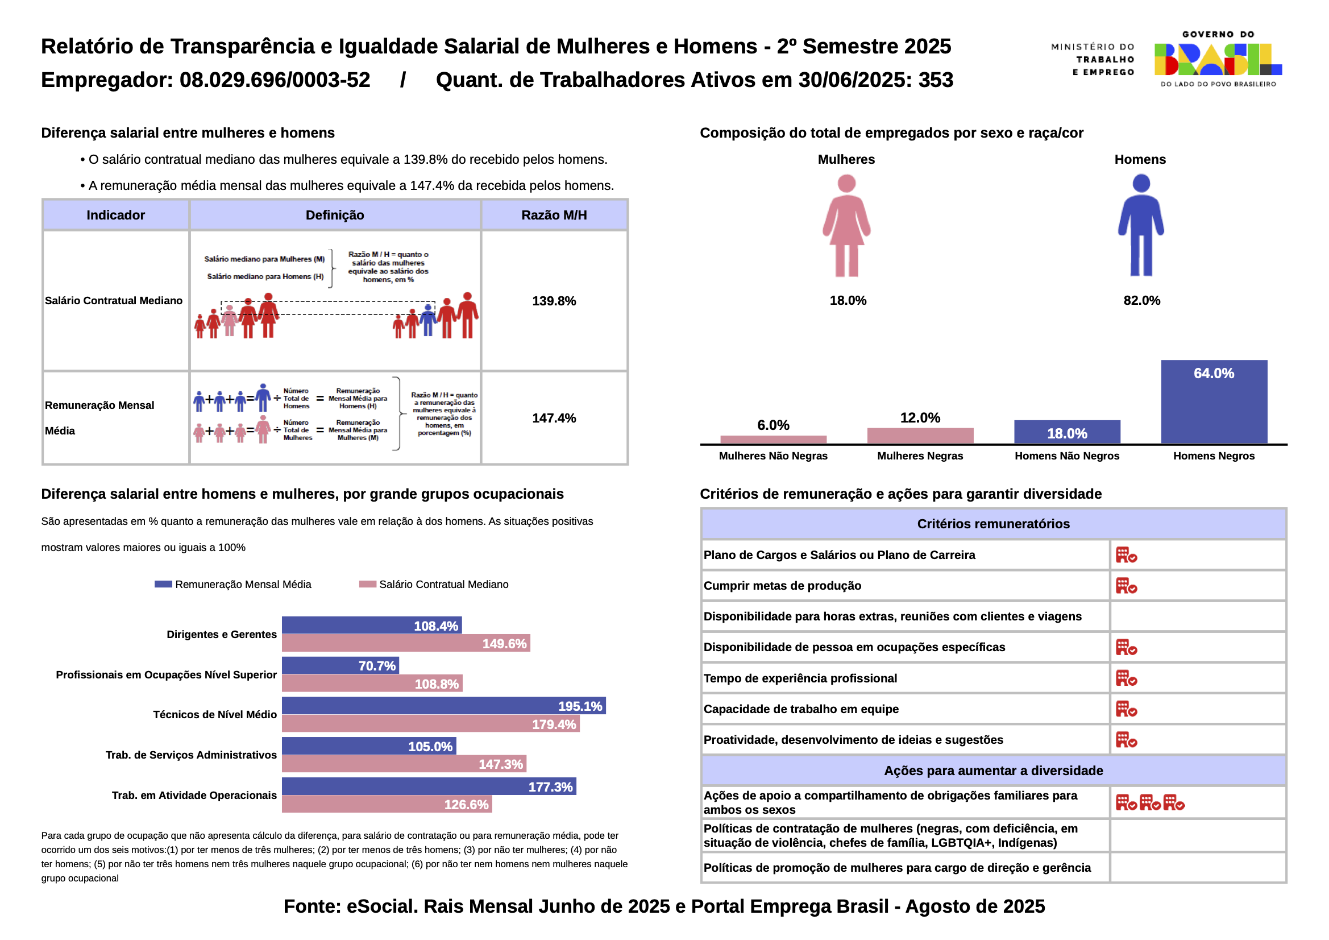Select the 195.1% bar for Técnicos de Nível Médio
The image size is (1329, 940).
(443, 706)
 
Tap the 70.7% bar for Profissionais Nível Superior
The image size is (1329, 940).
(340, 665)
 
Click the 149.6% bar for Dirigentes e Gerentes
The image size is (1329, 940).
(405, 643)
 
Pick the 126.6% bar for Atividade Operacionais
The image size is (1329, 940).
(386, 804)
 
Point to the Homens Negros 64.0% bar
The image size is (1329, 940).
(1213, 402)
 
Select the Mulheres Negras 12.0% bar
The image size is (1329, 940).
(920, 436)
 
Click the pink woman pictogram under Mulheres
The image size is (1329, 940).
(846, 226)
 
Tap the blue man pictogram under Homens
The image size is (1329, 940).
(1140, 226)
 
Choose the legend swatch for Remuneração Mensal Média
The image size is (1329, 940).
(163, 584)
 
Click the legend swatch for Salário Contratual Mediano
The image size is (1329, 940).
(367, 584)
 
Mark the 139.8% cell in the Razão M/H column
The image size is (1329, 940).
(554, 301)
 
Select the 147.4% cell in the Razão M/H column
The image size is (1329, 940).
(554, 418)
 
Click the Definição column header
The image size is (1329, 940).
(335, 216)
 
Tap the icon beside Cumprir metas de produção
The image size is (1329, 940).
(1126, 586)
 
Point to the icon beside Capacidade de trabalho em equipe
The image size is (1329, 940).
(1126, 709)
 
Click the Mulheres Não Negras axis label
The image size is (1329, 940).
(773, 456)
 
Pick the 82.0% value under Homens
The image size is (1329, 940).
(1141, 301)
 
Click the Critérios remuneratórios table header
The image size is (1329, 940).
(993, 524)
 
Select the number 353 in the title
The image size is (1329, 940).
(936, 80)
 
